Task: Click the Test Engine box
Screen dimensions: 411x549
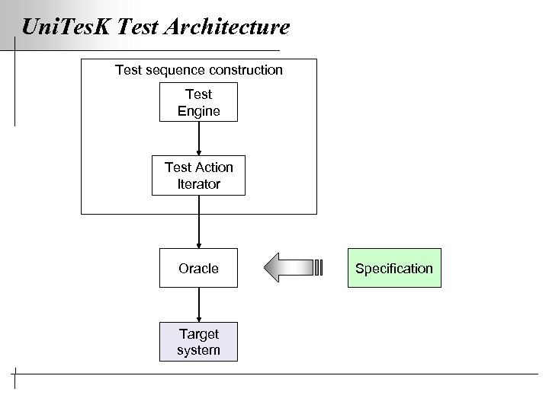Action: coord(198,103)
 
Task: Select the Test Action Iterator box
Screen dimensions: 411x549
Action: coord(198,176)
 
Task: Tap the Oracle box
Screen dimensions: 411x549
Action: coord(198,268)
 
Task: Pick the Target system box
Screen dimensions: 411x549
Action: coord(198,342)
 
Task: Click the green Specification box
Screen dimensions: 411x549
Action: coord(394,268)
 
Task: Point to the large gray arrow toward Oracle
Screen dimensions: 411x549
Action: coord(294,267)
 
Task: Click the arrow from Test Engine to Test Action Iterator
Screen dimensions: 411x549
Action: coord(199,139)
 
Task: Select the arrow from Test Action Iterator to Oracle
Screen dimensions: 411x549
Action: coord(199,221)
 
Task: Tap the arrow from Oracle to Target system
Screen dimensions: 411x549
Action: coord(199,304)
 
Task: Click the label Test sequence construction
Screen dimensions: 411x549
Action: coord(198,70)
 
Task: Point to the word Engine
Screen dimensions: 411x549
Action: coord(198,111)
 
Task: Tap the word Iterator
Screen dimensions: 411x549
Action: coord(198,184)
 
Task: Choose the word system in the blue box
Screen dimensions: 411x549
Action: coord(198,350)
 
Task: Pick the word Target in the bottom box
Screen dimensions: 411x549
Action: coord(198,333)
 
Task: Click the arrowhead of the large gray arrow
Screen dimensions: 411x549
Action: coord(273,267)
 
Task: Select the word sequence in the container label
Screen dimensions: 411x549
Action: coord(172,70)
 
